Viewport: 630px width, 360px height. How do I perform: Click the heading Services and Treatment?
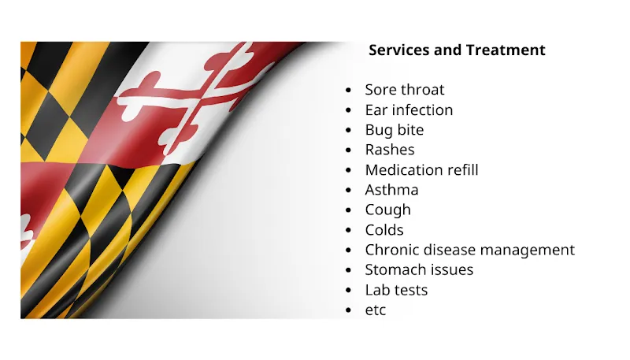click(x=457, y=50)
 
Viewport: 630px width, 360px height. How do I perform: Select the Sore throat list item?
click(x=404, y=90)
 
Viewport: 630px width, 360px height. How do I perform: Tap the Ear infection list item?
click(x=409, y=109)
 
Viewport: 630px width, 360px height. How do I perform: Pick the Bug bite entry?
click(x=394, y=130)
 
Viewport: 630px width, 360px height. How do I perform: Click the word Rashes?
click(x=389, y=150)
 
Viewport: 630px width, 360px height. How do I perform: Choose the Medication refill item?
click(x=421, y=169)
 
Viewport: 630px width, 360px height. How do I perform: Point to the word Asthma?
click(x=391, y=190)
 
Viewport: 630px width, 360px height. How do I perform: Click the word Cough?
click(x=387, y=210)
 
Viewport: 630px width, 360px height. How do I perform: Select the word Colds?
click(x=384, y=230)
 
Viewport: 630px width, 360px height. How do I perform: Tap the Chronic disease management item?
click(x=469, y=250)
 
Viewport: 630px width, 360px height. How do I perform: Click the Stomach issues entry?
click(x=419, y=269)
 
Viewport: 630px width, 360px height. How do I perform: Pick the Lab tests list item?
click(x=396, y=290)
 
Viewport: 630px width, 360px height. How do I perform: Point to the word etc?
click(x=376, y=310)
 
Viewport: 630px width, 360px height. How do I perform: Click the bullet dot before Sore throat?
click(x=348, y=91)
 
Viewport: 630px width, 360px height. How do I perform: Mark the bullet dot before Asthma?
click(x=348, y=191)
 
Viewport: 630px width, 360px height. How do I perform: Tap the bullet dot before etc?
click(x=348, y=310)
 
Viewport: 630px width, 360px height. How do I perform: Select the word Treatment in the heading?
click(x=506, y=50)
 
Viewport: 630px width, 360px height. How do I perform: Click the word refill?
click(x=461, y=169)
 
